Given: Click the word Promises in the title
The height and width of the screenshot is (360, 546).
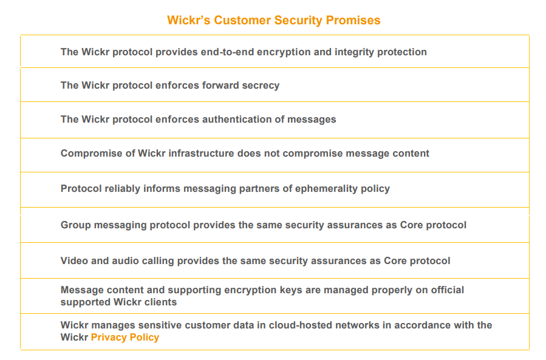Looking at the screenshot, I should (x=353, y=21).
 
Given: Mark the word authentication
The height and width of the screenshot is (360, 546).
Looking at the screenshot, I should (x=237, y=120).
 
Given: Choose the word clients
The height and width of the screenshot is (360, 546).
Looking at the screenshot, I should (x=160, y=302).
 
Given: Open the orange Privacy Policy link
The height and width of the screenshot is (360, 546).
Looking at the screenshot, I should (x=125, y=338).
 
